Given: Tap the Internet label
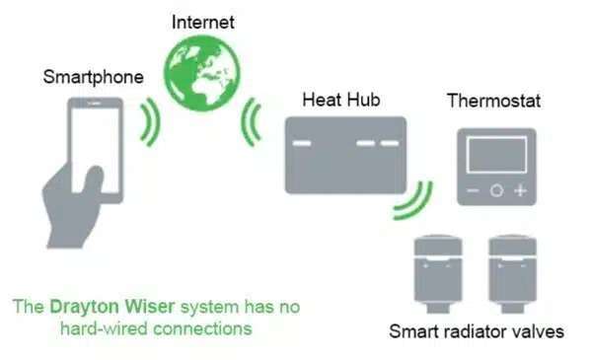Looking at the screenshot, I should point(205,20).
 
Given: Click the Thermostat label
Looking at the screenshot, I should point(493,101).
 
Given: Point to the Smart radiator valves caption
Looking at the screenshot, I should point(476,331).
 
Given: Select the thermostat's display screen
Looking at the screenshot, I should point(495,155).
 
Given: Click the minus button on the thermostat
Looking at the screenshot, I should point(473,190).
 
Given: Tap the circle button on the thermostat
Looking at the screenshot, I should point(496,190).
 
